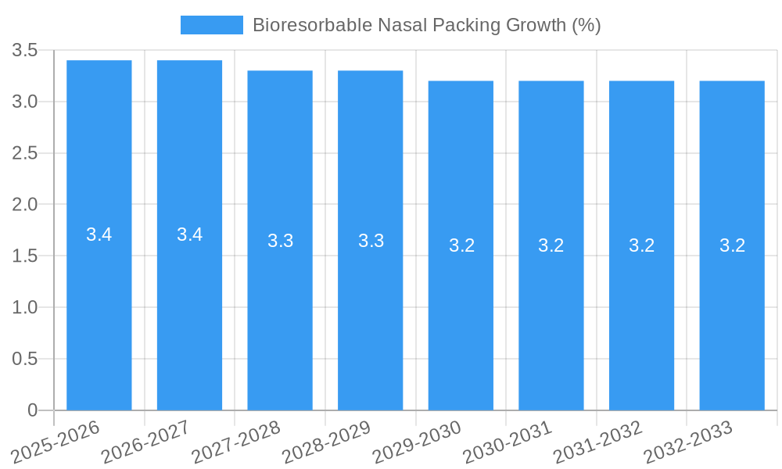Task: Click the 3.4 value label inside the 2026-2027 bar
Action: (189, 234)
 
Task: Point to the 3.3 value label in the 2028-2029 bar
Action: (371, 241)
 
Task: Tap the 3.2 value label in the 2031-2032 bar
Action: (641, 245)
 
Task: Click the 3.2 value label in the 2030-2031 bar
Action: (551, 245)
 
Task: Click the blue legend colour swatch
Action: (211, 25)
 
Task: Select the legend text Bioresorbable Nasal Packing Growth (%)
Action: (426, 25)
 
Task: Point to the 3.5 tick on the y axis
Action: (25, 51)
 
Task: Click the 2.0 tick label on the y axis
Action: (25, 205)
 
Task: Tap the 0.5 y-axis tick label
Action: (25, 359)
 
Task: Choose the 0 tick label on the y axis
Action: (32, 410)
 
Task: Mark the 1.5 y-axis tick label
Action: (25, 256)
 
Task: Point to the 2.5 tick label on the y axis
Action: (25, 153)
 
